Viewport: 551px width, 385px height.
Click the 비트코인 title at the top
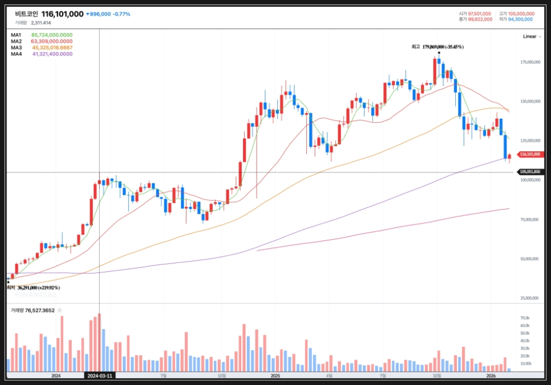pos(26,14)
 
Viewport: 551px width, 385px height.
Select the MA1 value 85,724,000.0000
pos(52,35)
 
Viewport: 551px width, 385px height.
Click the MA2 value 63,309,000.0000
pos(52,41)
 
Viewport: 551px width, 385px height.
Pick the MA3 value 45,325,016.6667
pos(52,47)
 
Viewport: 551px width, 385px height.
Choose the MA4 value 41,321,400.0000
pos(52,54)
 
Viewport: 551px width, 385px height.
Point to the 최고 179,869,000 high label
pos(437,47)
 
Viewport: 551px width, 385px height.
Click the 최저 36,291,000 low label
pos(33,288)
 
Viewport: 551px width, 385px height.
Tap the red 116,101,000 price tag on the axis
pos(530,154)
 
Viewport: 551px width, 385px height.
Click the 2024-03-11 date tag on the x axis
pos(100,376)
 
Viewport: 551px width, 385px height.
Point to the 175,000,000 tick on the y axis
pos(530,62)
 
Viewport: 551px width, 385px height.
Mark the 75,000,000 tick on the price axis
pos(530,219)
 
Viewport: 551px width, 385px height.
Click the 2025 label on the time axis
pos(275,376)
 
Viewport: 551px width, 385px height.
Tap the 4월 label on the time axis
pos(329,376)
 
